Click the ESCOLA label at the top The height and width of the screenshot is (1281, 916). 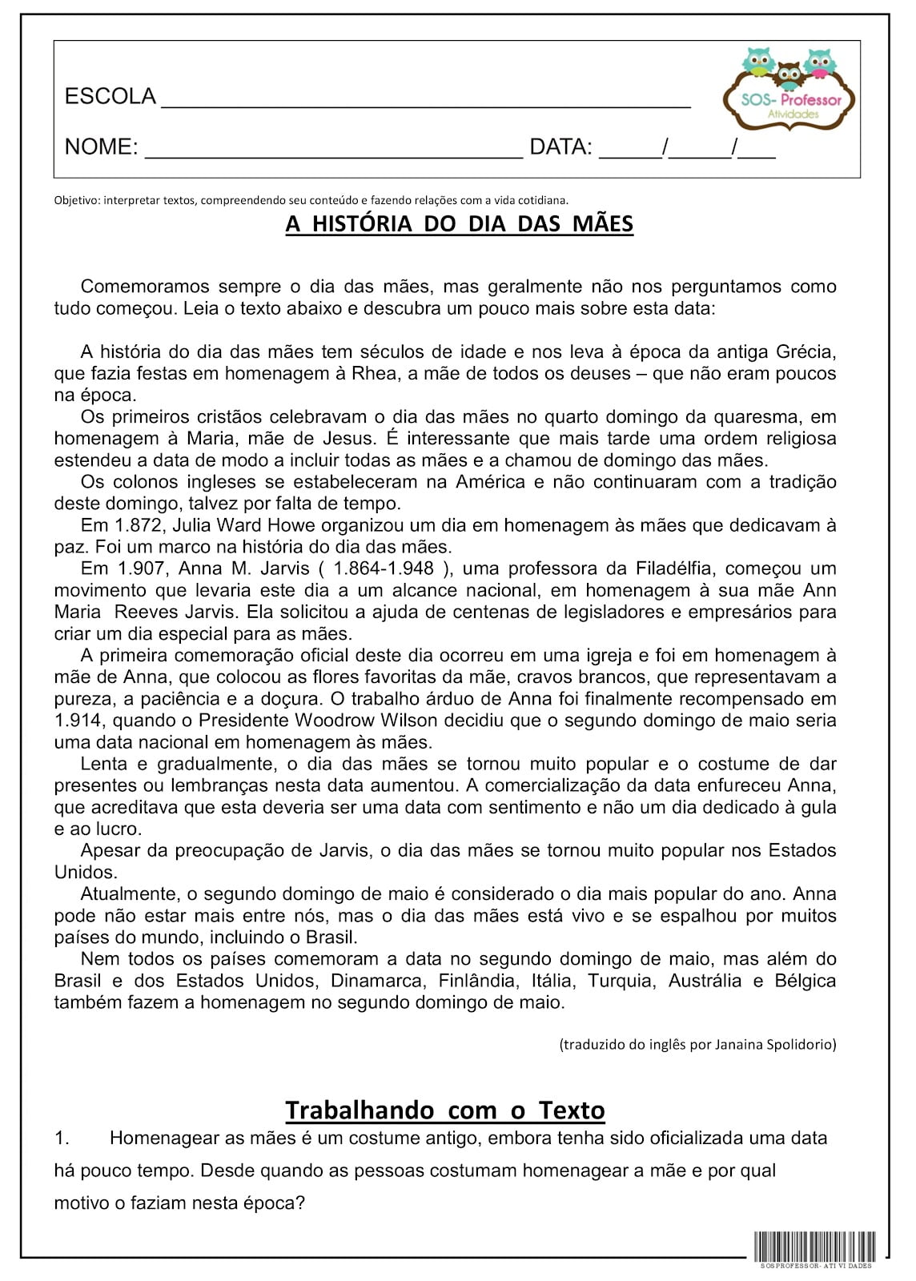click(110, 97)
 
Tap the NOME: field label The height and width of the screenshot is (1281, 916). click(101, 147)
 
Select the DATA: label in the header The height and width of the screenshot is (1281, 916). click(560, 147)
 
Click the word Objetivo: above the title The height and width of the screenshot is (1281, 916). click(76, 200)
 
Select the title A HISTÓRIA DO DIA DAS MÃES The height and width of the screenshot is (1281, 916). click(459, 223)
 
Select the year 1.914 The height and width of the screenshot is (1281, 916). click(77, 721)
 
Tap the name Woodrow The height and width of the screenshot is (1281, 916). click(335, 721)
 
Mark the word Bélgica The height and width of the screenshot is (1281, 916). click(805, 981)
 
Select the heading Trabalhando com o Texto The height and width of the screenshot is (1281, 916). click(445, 1110)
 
